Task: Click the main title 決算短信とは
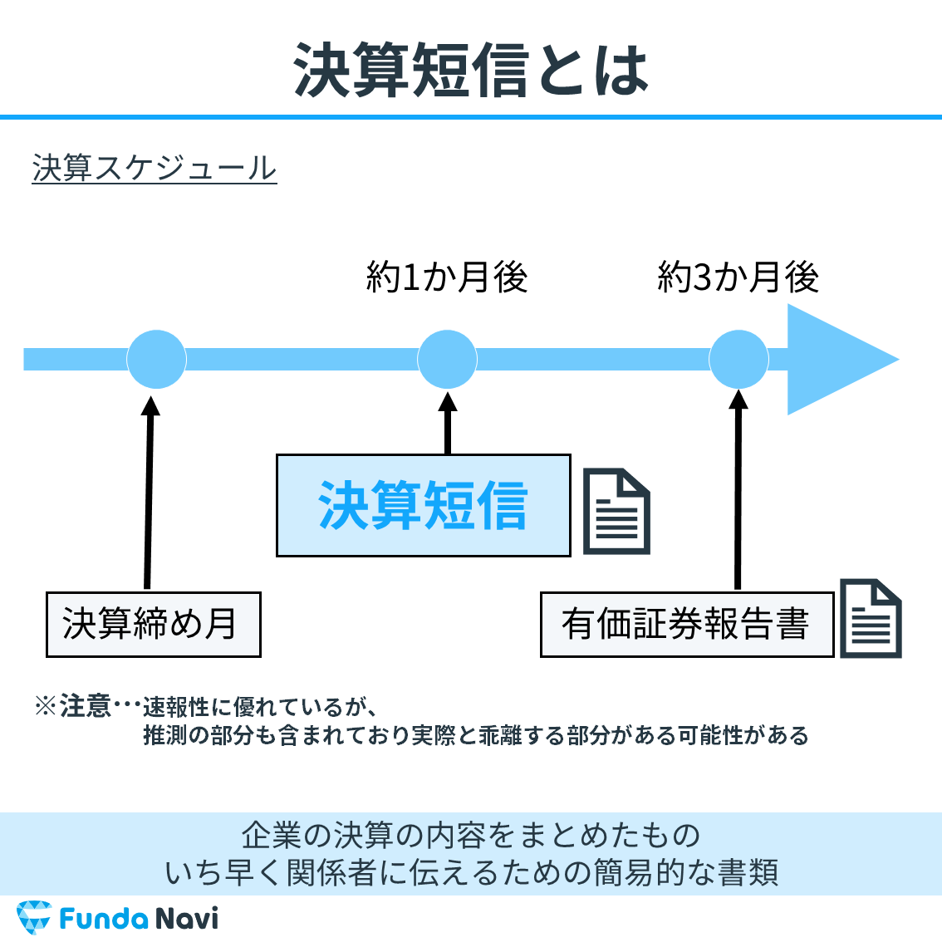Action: click(x=471, y=70)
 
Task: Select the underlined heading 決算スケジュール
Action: click(x=155, y=168)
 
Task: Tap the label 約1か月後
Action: click(x=447, y=277)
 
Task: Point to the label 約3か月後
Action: click(x=738, y=277)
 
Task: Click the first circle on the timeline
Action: click(x=156, y=359)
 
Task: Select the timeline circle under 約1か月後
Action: click(x=447, y=359)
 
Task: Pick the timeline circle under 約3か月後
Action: click(x=738, y=359)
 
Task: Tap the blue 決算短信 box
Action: click(x=423, y=505)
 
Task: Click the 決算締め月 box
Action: click(x=154, y=625)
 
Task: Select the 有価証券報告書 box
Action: click(x=686, y=625)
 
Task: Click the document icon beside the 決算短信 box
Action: click(x=616, y=512)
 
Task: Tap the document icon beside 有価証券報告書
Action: click(x=870, y=619)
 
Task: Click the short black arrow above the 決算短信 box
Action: click(x=448, y=424)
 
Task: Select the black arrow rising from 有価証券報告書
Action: click(x=738, y=490)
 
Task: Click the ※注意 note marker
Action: click(x=73, y=707)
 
